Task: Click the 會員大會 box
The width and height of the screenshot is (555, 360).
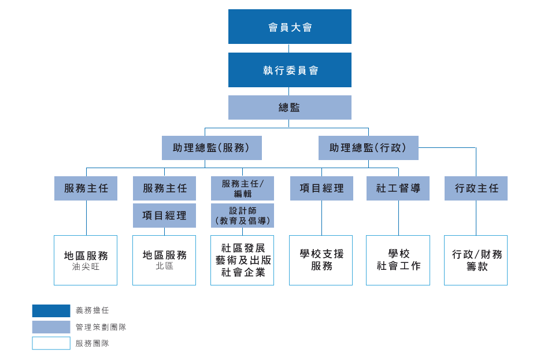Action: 290,27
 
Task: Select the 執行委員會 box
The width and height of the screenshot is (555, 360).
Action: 290,70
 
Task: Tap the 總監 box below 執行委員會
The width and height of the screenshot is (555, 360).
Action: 290,107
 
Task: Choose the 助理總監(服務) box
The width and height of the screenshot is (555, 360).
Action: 212,148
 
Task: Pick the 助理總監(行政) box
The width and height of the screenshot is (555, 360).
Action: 368,148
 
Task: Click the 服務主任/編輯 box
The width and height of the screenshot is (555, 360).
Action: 242,188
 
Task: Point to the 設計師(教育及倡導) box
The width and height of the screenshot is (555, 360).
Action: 242,216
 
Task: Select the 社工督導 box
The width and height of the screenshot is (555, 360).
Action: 398,188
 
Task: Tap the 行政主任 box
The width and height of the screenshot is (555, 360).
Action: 476,188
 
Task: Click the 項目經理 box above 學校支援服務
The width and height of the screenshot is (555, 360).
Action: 321,188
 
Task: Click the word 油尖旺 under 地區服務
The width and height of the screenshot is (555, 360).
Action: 86,267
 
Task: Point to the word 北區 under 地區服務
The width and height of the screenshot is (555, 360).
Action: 164,266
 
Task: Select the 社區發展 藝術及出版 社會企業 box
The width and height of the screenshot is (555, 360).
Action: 242,260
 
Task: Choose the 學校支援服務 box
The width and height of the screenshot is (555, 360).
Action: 321,260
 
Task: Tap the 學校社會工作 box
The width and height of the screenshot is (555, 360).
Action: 398,260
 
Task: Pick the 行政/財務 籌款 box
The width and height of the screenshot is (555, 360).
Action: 476,260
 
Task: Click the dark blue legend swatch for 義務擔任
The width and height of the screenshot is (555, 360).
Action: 51,311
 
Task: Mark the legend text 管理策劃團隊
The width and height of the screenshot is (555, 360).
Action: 101,327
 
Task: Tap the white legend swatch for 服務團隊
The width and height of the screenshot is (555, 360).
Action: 51,343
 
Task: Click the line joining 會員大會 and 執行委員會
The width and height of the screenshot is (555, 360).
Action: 289,48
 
